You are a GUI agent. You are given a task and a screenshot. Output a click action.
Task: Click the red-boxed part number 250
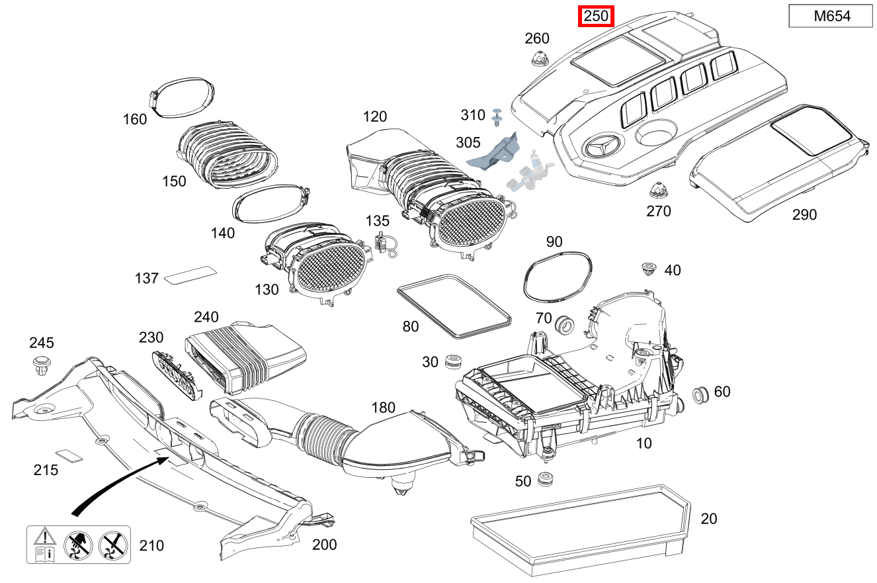click(x=596, y=17)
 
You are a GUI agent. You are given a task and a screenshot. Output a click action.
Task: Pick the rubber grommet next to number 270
click(x=657, y=191)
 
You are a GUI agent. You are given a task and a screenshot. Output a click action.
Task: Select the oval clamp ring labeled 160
click(x=182, y=97)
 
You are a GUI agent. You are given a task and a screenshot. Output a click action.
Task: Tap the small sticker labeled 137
click(x=190, y=274)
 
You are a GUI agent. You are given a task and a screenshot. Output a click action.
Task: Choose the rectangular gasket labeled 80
click(x=454, y=304)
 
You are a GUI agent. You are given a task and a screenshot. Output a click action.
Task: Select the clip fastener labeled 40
click(x=649, y=269)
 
